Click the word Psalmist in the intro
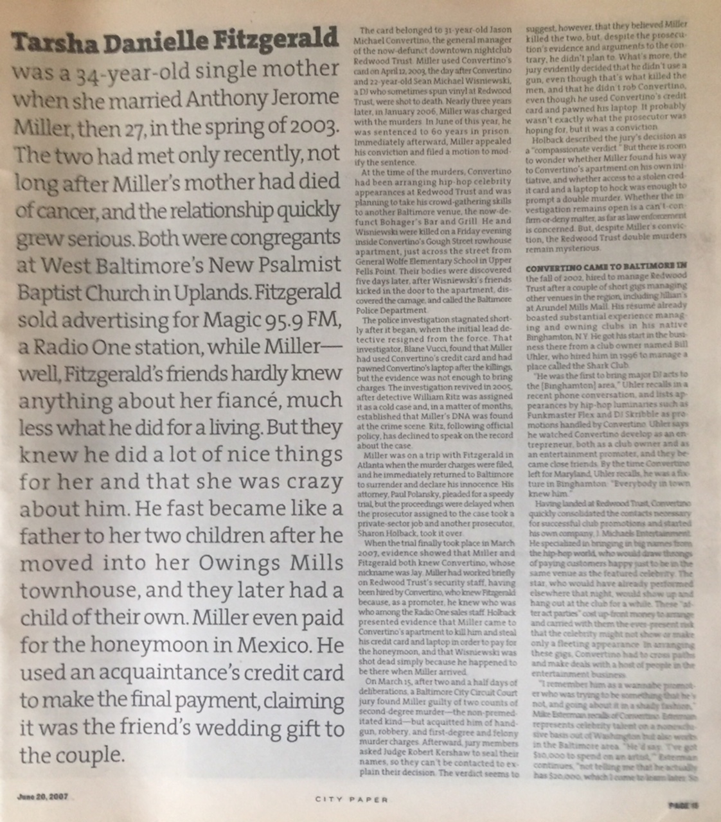click(x=297, y=264)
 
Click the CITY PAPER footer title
click(x=352, y=799)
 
